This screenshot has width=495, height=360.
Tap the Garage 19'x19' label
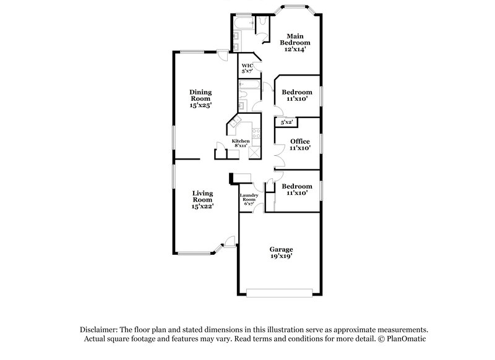(x=281, y=252)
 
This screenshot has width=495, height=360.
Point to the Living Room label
(x=202, y=200)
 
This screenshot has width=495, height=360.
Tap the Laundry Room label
(x=249, y=199)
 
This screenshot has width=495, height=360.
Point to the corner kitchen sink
(x=235, y=124)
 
